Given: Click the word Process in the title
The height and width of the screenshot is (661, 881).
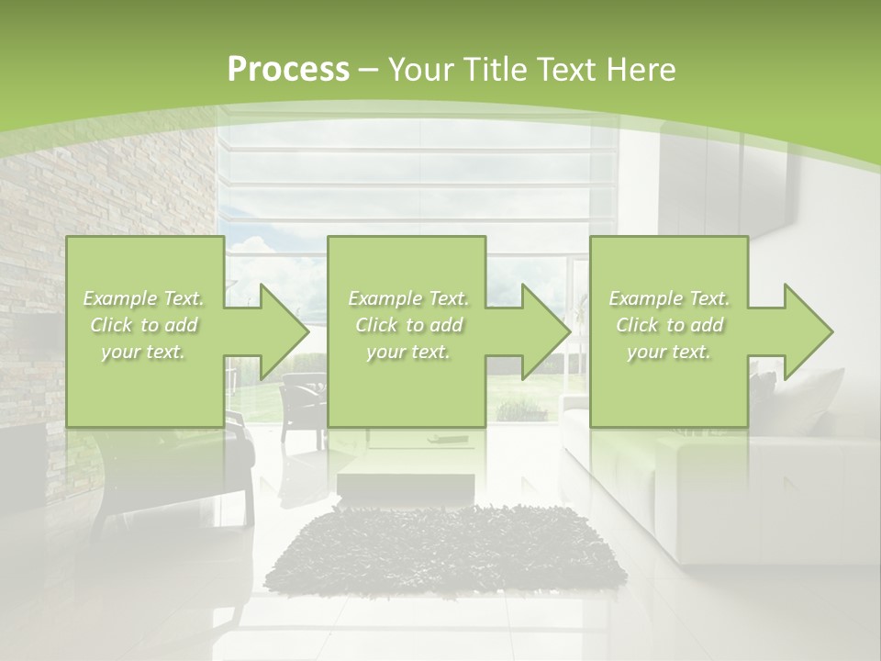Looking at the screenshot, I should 288,70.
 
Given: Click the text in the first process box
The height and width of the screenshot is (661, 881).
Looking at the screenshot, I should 144,325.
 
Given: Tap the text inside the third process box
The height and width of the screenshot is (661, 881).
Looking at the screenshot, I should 669,325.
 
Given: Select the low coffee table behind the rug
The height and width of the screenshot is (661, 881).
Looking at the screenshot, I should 406,478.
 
